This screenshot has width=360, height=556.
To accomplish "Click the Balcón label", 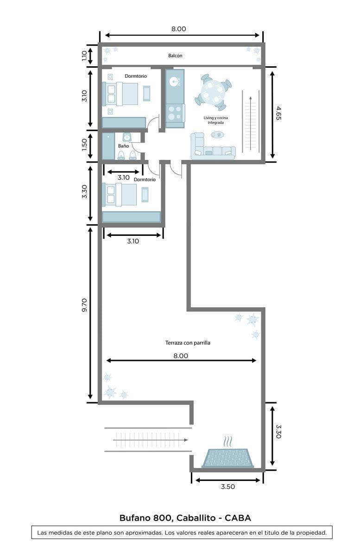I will point(175,56).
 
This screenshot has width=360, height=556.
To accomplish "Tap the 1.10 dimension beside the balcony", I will point(84,56).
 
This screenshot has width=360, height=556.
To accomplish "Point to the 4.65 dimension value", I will point(278,113).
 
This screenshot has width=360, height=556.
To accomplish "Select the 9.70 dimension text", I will point(84,306).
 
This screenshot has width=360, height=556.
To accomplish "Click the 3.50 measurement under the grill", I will point(227,487).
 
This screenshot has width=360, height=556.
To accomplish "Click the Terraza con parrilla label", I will point(188,343).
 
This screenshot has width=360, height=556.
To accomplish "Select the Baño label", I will point(123,145).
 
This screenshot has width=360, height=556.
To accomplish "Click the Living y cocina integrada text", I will point(215,120).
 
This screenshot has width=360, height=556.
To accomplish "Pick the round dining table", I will point(213,92).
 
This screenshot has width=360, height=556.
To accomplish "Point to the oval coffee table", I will point(217,135).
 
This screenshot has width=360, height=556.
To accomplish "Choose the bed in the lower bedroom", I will point(120,195).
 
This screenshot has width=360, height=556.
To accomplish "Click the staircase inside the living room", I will point(250,121).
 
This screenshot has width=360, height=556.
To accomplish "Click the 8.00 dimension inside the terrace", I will point(181,356).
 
